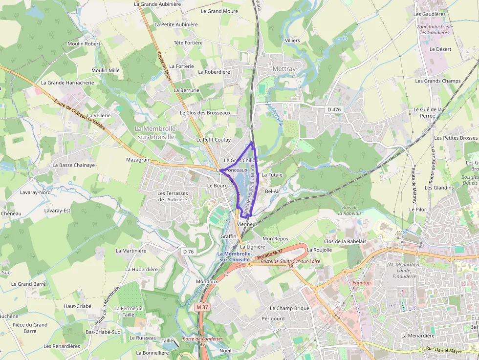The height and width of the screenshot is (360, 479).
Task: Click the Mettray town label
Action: pos(284,69)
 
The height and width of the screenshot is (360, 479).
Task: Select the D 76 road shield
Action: pos(188,251)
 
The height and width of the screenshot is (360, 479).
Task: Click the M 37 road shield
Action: pos(201,307)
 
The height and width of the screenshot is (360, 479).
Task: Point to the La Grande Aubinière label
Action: pos(157,4)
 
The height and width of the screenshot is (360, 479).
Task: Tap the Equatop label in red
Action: pos(362,282)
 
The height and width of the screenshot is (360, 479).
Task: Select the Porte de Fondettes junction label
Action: pos(203,339)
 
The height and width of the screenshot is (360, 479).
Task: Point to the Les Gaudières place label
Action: pos(429,14)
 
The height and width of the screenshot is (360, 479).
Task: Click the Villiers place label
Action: pos(292,40)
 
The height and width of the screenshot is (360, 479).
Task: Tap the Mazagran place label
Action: pos(137,160)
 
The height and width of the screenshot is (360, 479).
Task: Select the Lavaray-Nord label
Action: pos(35,192)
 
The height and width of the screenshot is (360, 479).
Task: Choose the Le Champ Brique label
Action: pos(290,308)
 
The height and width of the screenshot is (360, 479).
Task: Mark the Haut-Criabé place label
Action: pos(77,306)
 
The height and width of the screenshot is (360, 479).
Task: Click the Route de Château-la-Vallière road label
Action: pos(80,115)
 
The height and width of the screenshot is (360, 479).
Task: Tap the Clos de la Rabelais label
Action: pos(345,241)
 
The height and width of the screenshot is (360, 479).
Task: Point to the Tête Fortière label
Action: pos(188,42)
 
